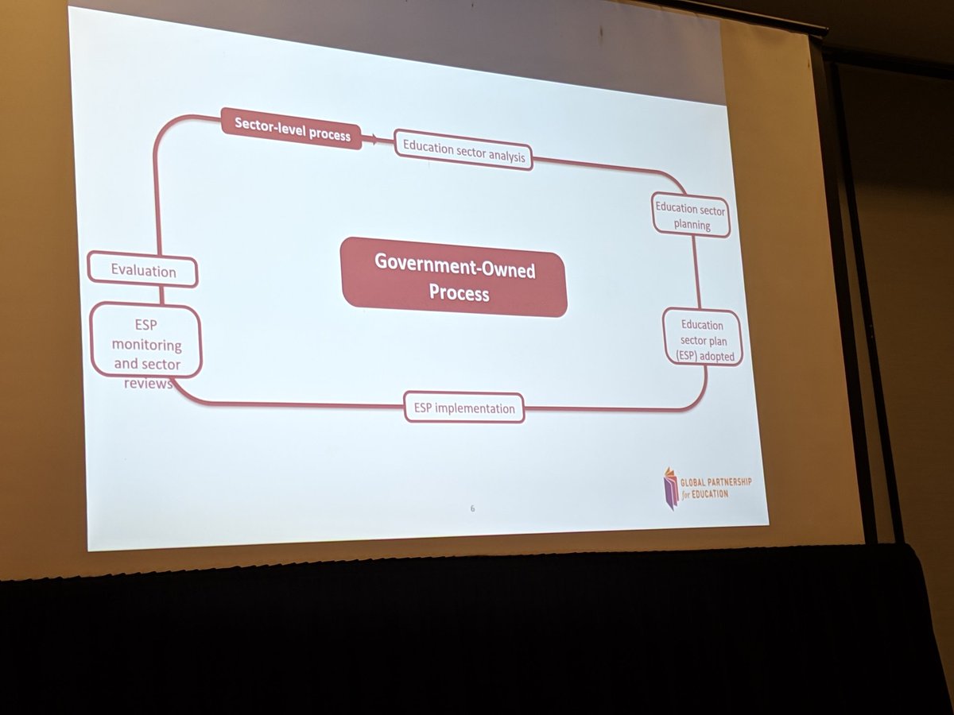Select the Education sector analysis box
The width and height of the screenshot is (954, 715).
[x=463, y=150]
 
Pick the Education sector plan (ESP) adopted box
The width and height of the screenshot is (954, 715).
[x=703, y=338]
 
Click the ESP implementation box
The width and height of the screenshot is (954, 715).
[x=464, y=408]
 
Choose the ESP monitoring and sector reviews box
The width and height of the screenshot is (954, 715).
[x=146, y=343]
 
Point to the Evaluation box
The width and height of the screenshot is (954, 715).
[x=143, y=270]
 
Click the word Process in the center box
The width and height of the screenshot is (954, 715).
[x=460, y=293]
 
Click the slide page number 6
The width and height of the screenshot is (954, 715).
[x=472, y=508]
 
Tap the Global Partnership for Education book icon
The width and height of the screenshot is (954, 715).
[x=672, y=487]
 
